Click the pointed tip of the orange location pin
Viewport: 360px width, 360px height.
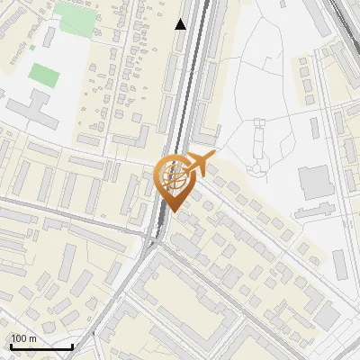(172, 212)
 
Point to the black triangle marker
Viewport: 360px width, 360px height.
(181, 24)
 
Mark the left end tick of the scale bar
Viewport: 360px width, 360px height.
(10, 346)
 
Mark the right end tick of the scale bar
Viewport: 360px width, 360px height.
(72, 346)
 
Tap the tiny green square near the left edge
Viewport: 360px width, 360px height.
(33, 47)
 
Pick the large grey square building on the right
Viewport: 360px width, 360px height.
(315, 183)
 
